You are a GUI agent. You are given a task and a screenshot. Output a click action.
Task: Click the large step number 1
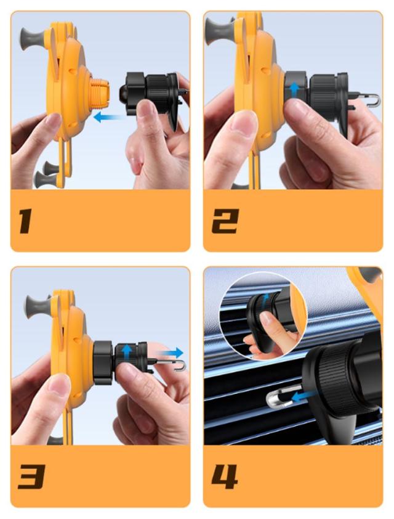pos(26,221)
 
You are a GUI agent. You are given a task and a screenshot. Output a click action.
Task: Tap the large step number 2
pos(225,221)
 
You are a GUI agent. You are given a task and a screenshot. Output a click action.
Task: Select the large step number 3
pos(32,476)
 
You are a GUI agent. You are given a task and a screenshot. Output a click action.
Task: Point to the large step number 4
pos(225,476)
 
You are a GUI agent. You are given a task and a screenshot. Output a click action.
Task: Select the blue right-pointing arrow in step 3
pos(173,353)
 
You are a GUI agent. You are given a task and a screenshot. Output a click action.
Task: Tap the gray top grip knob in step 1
pos(33,39)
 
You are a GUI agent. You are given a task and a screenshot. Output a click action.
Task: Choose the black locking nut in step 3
pos(103,362)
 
